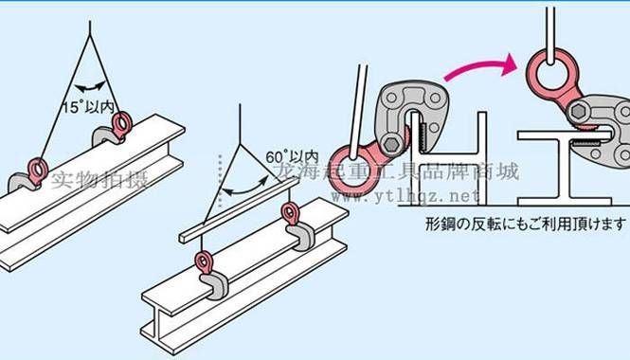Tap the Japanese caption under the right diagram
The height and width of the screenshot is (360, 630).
point(526,224)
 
